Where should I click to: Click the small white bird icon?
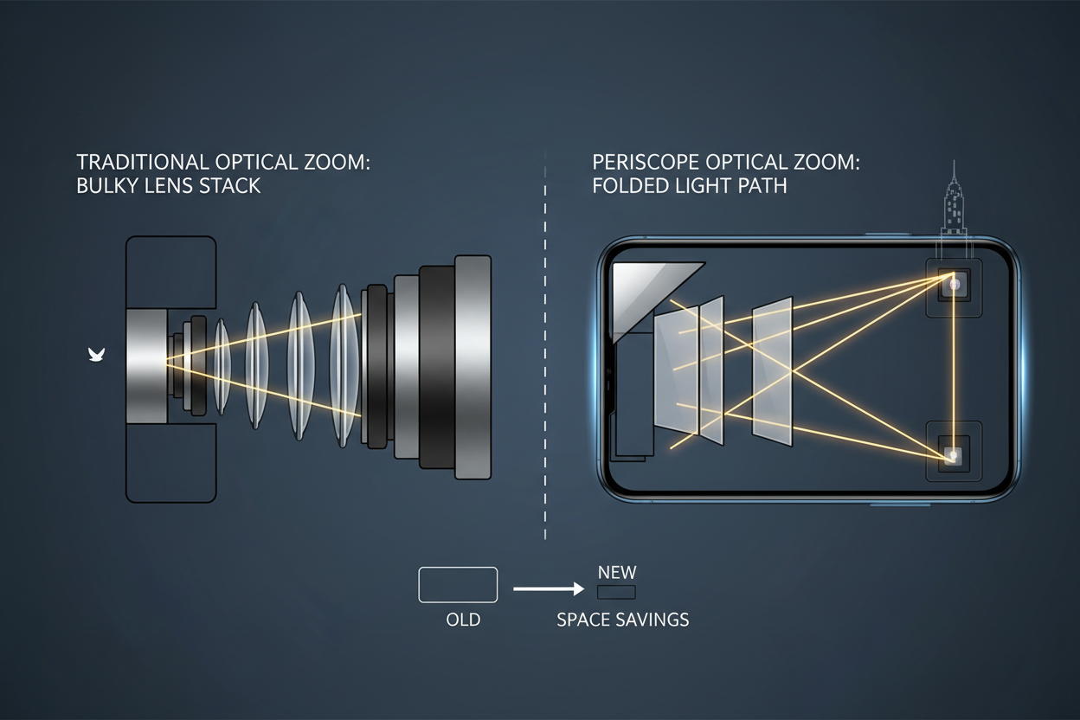click(x=95, y=353)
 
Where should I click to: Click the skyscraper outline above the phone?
click(x=954, y=201)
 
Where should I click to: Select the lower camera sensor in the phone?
click(x=954, y=453)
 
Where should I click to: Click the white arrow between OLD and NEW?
click(x=549, y=589)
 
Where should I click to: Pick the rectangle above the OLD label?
click(x=458, y=584)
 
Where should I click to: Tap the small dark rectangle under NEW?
click(x=616, y=593)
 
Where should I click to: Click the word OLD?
click(x=462, y=620)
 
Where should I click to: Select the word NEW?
click(x=617, y=573)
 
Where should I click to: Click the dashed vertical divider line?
click(x=545, y=346)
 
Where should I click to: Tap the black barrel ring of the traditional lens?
click(x=437, y=368)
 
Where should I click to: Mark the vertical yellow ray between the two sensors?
click(x=954, y=368)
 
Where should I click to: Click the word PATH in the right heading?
click(x=761, y=185)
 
